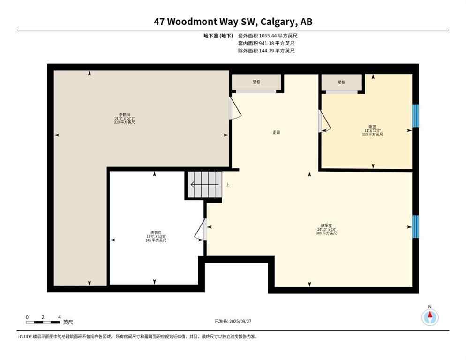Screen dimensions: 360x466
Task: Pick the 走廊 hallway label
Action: click(277, 132)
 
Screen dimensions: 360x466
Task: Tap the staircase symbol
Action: click(204, 185)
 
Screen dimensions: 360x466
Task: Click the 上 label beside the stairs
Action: click(227, 185)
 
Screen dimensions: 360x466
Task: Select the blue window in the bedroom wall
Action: click(415, 115)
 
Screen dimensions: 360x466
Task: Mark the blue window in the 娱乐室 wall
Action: click(415, 226)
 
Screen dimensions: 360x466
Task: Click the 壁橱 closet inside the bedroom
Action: click(341, 82)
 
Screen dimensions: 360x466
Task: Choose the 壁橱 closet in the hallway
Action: click(256, 82)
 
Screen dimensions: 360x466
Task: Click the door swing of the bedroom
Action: click(324, 121)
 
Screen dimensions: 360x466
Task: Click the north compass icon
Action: click(429, 317)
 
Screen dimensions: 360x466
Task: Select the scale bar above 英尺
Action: click(43, 322)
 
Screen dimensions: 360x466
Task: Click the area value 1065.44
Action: click(269, 36)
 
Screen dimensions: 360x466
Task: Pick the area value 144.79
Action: click(267, 51)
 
